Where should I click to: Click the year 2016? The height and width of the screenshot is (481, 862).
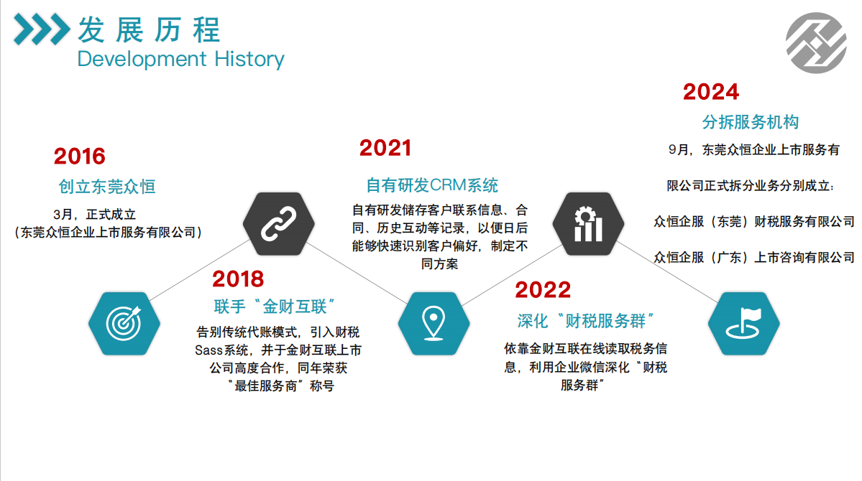pos(80,157)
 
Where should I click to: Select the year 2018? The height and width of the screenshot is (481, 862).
pos(238,279)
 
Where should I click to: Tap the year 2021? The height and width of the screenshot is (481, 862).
pos(385,149)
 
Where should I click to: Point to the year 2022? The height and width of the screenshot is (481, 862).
pos(543,290)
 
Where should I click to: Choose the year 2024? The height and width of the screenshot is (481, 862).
pos(711,92)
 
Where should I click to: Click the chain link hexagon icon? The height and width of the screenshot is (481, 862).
pos(279,223)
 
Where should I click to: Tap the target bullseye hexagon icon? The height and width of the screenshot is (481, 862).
pos(124,323)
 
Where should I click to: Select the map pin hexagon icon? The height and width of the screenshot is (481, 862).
pos(434,323)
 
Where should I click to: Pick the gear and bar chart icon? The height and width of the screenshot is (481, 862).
pos(588,223)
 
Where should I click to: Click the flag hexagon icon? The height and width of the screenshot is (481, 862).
pos(744,323)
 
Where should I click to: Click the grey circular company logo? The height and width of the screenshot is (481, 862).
pos(817,43)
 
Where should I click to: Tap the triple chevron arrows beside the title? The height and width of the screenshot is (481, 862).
pos(42,29)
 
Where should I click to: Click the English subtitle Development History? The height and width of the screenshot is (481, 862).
pos(180,59)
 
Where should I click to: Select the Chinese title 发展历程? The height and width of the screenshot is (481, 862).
pos(149,29)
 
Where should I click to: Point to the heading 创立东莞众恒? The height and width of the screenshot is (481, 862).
pos(107,187)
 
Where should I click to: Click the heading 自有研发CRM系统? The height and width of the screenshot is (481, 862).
pos(432,186)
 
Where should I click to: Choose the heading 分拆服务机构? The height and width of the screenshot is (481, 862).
pos(751,122)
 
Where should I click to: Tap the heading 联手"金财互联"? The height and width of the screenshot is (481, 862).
pos(274,307)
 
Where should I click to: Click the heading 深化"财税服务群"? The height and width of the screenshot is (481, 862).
pos(585,321)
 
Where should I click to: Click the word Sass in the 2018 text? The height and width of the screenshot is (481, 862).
pos(208,350)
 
